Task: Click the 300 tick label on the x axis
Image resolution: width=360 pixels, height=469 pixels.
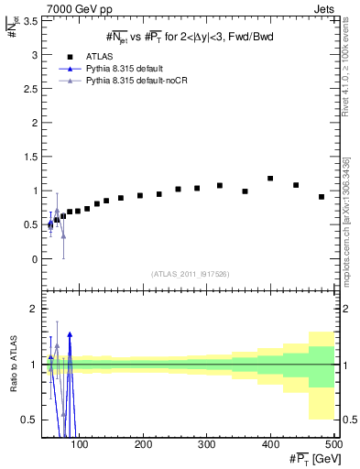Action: [206, 444]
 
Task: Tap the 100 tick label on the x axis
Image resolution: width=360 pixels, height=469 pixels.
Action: [80, 444]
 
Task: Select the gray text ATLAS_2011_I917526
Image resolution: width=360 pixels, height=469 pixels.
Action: [190, 275]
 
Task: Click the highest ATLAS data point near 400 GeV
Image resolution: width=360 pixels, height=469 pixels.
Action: [270, 179]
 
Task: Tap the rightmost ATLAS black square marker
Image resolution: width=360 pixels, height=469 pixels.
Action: [322, 197]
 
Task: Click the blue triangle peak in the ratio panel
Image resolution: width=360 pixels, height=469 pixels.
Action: [70, 335]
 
